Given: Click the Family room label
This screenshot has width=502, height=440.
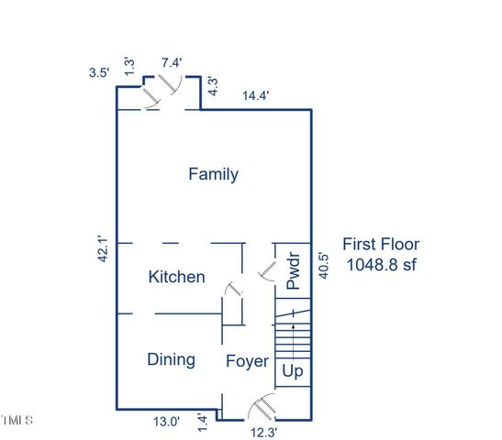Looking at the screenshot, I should [213, 174].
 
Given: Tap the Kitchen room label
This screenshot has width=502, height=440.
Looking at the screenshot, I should [177, 277].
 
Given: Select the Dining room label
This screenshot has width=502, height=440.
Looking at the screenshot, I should [171, 359].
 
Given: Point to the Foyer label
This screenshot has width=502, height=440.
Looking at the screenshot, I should [248, 361].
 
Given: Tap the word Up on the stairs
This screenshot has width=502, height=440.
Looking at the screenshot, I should [293, 372].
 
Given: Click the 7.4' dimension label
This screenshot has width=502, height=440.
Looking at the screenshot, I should [172, 62].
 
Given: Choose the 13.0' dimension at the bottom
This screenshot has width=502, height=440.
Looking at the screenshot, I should [165, 423].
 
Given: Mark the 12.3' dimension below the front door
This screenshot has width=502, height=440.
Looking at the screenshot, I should [265, 430].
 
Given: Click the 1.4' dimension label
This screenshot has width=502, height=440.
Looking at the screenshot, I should [216, 422].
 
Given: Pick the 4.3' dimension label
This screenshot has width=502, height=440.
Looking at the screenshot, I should [213, 86].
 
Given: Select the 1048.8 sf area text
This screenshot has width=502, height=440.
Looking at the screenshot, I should [381, 265].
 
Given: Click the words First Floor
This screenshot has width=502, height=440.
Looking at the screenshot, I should [381, 244].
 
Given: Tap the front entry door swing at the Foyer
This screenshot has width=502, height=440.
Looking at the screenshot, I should [263, 402].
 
